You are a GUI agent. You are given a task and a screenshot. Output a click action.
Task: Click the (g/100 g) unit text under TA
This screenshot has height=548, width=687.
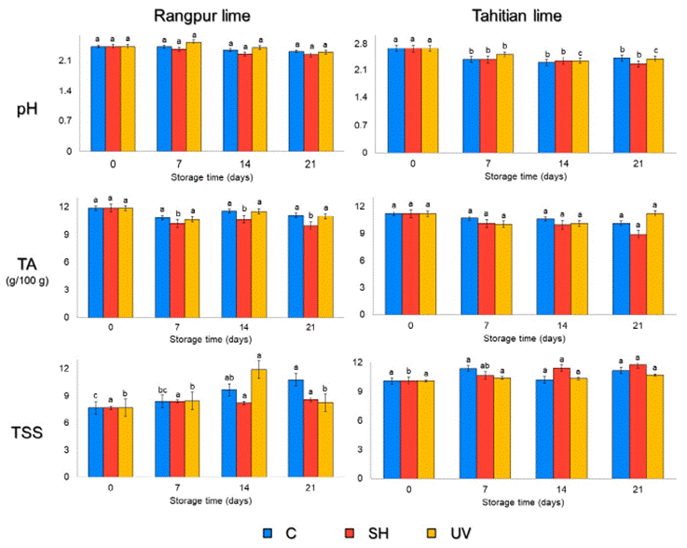coord(31,281)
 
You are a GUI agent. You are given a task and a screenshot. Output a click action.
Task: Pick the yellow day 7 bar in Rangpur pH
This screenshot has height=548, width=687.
coord(193,96)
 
